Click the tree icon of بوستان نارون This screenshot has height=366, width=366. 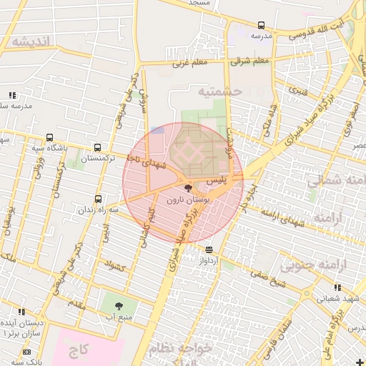coord(188,189)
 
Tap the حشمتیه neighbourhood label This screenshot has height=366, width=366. coord(220,91)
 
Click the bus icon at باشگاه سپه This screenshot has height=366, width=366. coord(49,137)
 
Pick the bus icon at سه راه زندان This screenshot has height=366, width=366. coord(98,199)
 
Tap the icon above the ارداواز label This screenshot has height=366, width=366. coord(209,249)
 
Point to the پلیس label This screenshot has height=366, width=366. coord(226,182)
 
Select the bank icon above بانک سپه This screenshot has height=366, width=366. coord(27,352)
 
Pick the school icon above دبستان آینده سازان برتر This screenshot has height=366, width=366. coord(21,312)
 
